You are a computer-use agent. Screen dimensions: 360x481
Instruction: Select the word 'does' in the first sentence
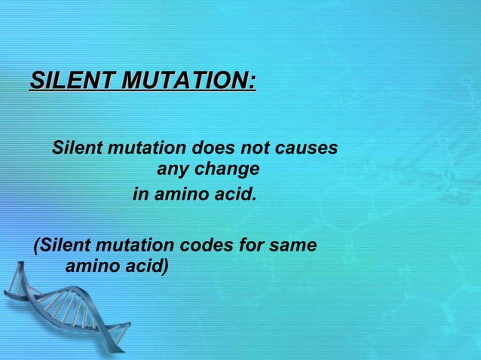click(218, 148)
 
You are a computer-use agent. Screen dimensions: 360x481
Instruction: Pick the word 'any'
click(171, 169)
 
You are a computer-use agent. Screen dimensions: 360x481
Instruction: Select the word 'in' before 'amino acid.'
click(140, 195)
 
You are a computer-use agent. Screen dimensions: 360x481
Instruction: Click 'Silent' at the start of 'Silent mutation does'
click(78, 148)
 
